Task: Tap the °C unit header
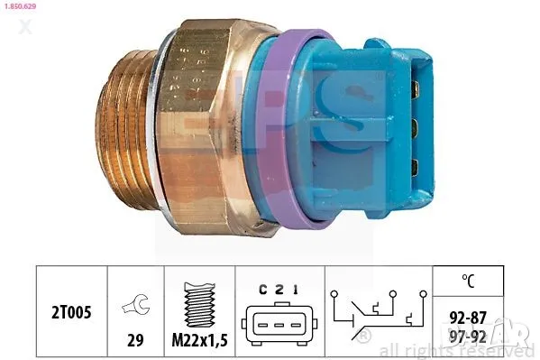[467, 279]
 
